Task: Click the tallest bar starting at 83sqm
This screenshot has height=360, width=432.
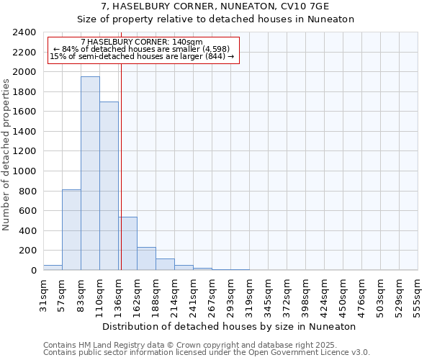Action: coord(90,173)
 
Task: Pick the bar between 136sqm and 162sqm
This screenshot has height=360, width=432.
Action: coord(128,243)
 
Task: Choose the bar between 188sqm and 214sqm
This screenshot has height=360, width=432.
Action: coord(165,264)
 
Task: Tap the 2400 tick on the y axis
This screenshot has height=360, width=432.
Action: coord(24,32)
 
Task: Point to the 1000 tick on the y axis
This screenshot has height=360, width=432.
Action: coord(24,171)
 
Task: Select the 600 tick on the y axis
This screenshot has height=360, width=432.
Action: coord(27,211)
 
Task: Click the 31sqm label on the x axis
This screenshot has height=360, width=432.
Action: coord(44,293)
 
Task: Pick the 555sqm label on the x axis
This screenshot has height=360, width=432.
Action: coord(418,294)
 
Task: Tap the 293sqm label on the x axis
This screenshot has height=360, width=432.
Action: coord(231,294)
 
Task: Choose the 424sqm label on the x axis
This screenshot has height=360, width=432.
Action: coord(325,294)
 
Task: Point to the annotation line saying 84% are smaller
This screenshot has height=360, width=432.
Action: coord(142,49)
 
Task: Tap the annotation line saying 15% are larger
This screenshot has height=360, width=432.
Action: coord(142,56)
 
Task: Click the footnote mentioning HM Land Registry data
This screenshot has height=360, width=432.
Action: coord(206,345)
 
